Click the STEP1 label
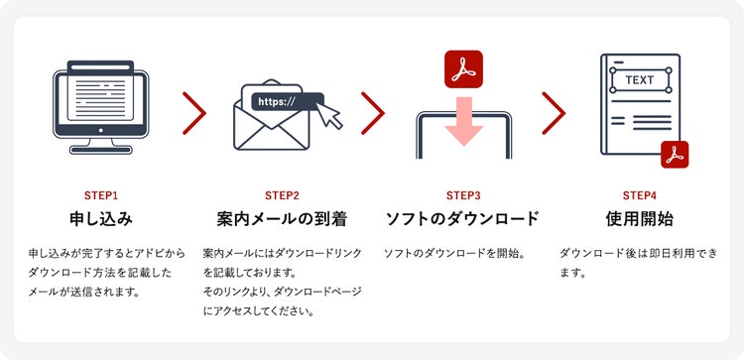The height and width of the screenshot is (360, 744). pos(100,195)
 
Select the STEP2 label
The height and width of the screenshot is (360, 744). pos(283,195)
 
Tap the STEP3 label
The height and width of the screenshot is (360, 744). pos(463,195)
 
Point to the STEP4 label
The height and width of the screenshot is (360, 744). pos(639,195)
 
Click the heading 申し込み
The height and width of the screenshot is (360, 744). pos(100,219)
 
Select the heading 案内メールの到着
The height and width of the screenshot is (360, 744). pos(283,219)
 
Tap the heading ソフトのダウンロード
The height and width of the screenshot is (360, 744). pos(463,219)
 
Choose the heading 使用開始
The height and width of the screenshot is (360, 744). pos(639,219)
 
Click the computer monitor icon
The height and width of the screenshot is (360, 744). pos(100,107)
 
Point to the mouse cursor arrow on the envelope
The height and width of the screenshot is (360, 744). pos(328,115)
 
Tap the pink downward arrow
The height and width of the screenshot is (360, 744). pos(463,121)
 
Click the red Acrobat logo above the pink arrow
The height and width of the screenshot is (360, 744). pos(463,69)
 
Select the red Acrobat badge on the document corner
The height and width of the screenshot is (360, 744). pos(675,155)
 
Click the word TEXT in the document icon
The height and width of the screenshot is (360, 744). pos(640,80)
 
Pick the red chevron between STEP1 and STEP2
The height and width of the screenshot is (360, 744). pos(194,113)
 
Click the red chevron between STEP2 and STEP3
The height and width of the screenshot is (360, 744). pos(373,113)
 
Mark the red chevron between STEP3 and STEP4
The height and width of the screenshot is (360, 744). pos(554,113)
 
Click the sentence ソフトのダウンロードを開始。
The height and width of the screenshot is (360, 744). pos(453,254)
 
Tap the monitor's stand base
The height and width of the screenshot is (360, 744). pos(100,150)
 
